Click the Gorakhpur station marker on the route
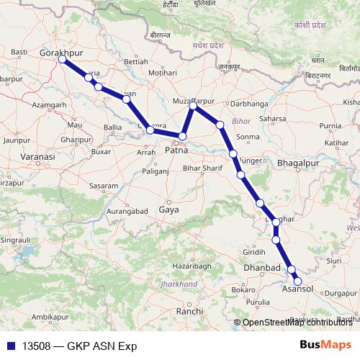62,60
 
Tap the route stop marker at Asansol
297,282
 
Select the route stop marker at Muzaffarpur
193,106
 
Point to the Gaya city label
168,210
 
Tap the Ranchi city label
189,310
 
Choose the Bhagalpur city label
297,163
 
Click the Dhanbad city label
263,268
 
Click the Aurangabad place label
126,211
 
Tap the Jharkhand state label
180,284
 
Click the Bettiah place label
136,62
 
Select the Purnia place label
330,126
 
